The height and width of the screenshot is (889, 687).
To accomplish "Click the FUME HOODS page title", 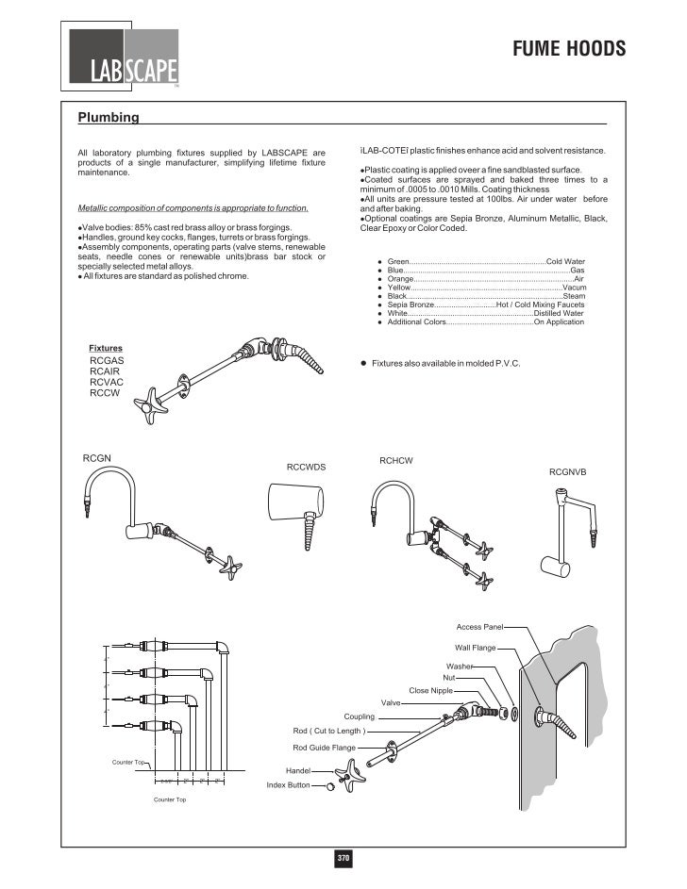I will (x=569, y=49).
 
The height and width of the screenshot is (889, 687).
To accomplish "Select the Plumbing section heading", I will (x=109, y=118).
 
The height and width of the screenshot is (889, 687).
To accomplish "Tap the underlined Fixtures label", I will (x=106, y=348).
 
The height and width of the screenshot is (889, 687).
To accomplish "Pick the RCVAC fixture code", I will (x=107, y=382).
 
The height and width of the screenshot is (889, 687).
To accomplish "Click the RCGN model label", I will (x=97, y=458).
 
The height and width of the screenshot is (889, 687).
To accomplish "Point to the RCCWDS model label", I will (x=306, y=467).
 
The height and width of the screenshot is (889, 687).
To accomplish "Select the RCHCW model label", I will (x=396, y=460).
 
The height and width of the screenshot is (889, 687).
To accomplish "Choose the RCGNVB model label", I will (x=568, y=470).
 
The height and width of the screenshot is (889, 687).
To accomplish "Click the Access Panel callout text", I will (x=481, y=627).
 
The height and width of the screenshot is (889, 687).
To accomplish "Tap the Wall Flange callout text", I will (x=476, y=648).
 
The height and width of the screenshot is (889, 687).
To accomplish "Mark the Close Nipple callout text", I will (x=431, y=690).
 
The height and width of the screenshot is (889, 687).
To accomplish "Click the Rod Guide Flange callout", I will (x=324, y=748).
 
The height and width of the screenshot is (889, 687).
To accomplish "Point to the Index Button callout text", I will (x=289, y=784).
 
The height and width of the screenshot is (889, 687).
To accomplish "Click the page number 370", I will (x=343, y=859).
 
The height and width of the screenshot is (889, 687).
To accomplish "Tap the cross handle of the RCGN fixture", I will (x=228, y=566).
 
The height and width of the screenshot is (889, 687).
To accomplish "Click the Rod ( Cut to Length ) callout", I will (x=329, y=731).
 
